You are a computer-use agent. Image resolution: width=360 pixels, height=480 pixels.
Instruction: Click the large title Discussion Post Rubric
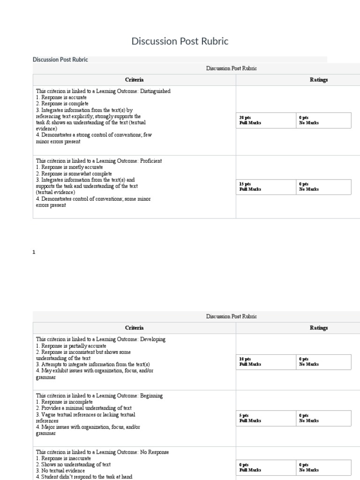tap(180, 41)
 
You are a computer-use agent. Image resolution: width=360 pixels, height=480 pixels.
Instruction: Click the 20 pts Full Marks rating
tap(250, 120)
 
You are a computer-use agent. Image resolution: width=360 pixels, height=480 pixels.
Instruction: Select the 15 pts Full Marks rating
tap(250, 187)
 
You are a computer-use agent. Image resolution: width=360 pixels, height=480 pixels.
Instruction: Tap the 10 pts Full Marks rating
tap(250, 361)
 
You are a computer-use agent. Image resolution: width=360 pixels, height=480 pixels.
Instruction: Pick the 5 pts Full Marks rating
tap(250, 418)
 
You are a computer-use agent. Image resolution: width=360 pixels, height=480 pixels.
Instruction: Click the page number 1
tap(34, 252)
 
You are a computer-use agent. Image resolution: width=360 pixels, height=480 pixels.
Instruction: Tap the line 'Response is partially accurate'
tap(71, 345)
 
